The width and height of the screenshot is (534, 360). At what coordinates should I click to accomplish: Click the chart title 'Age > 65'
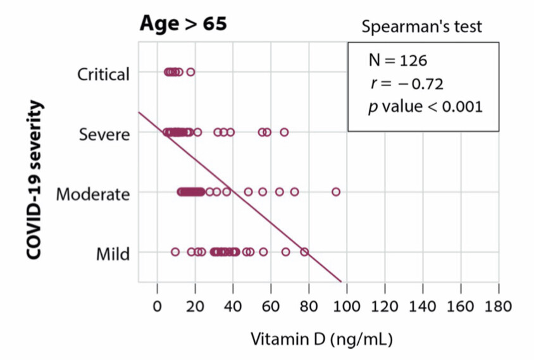183,24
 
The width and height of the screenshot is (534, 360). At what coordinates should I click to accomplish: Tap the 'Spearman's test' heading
421,27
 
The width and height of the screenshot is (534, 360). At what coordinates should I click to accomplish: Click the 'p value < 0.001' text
425,106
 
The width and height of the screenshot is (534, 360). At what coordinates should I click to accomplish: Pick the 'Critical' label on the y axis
103,74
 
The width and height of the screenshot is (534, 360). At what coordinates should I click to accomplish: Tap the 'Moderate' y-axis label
93,194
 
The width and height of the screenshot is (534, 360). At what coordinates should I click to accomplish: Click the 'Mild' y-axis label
113,254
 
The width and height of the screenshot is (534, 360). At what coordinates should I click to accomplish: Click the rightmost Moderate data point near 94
336,192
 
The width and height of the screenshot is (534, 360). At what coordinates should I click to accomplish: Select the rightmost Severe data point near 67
284,132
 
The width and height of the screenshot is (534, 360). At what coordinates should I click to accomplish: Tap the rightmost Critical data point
190,72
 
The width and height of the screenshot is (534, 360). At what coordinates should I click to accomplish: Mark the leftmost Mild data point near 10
175,252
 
